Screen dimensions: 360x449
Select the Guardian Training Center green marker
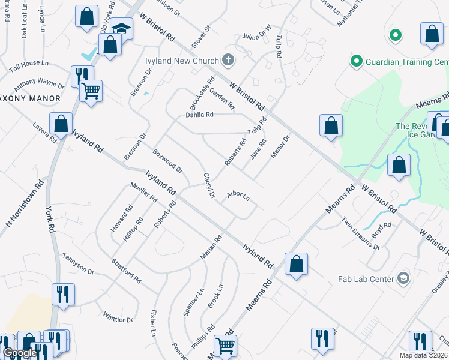355,61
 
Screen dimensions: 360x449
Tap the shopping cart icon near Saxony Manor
91,91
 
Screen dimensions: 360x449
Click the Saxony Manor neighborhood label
30,98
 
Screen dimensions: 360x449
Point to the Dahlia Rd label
199,114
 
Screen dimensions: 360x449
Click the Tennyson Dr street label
79,263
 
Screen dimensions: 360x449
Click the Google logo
20,353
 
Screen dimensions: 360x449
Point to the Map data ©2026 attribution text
423,355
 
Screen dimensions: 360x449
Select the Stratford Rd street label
127,271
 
